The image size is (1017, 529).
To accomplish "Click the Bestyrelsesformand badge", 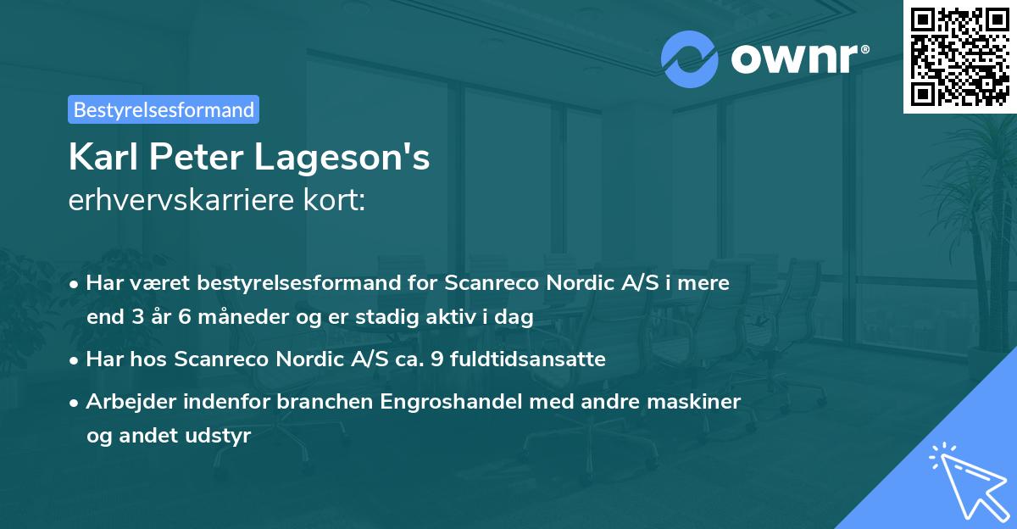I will [x=164, y=109].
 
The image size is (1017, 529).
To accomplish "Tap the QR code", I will [x=959, y=55].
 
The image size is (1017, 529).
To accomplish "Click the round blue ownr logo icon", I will [x=690, y=58].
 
